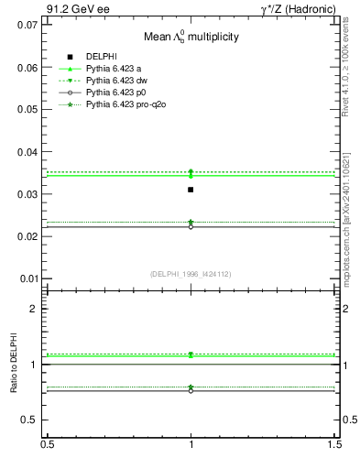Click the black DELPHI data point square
[191, 190]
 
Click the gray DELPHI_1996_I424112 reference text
[191, 273]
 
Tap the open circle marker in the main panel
[191, 226]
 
